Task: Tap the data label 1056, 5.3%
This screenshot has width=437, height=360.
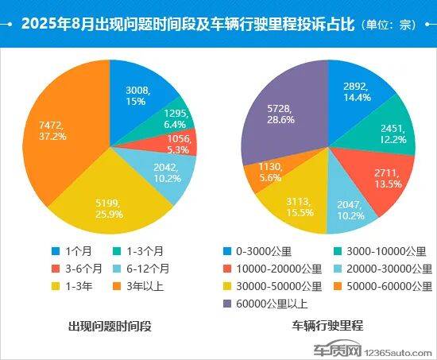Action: pos(179,143)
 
